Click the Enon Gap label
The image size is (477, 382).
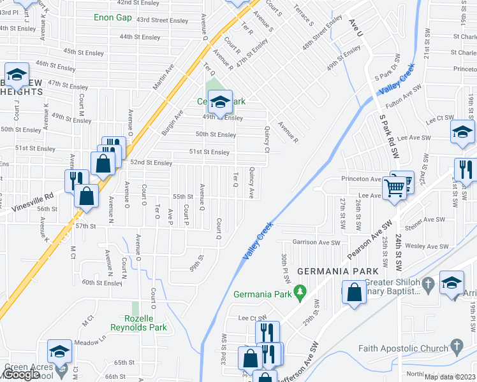click(113, 18)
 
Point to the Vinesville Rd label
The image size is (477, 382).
click(30, 201)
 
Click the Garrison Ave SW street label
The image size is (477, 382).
click(317, 243)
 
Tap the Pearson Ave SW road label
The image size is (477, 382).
click(369, 240)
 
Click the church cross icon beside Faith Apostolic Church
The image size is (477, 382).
click(455, 347)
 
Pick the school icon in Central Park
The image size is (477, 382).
click(219, 102)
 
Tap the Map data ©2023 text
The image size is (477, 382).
click(450, 377)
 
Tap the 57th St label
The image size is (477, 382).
click(85, 226)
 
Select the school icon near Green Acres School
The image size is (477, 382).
click(59, 352)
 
